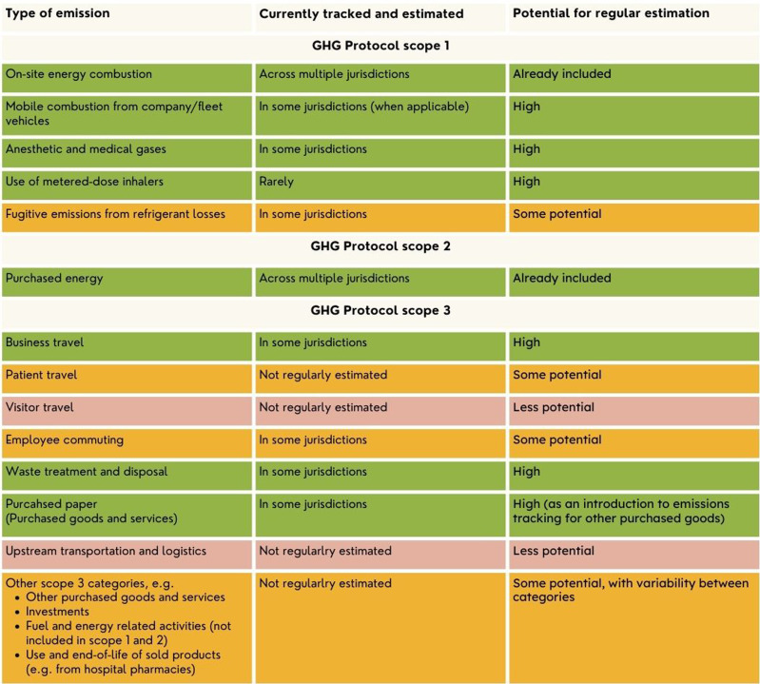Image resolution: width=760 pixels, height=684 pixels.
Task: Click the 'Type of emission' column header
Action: (57, 13)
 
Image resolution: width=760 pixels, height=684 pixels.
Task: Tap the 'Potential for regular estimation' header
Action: (611, 13)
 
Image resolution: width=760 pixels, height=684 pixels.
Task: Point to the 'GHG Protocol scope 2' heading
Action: (380, 246)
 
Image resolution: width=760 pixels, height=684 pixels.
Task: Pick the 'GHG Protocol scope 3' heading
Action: (380, 311)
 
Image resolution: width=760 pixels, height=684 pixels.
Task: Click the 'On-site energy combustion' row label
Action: (78, 74)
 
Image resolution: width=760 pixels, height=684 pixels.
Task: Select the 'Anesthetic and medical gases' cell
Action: (85, 149)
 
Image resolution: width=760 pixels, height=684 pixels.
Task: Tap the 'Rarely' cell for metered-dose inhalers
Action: (277, 182)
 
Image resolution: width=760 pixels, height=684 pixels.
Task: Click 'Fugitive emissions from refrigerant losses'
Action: (115, 214)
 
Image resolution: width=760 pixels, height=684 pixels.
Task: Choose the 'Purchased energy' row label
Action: (54, 279)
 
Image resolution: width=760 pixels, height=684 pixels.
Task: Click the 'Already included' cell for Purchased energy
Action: (561, 279)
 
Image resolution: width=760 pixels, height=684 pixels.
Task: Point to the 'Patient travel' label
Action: (41, 375)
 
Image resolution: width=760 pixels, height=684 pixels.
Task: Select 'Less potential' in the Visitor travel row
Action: (553, 407)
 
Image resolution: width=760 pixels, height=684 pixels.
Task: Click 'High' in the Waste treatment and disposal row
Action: (526, 472)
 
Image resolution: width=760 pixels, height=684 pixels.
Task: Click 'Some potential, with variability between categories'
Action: (630, 590)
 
